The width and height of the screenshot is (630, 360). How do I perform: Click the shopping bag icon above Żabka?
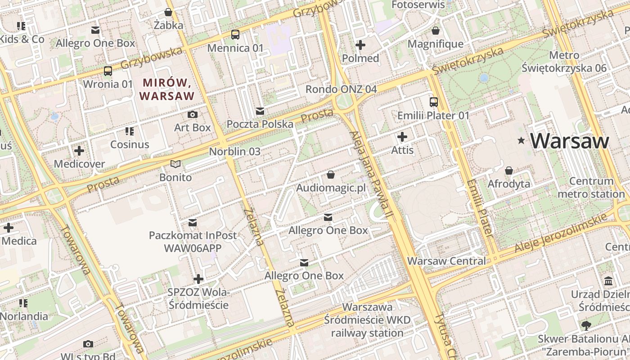coord(168,12)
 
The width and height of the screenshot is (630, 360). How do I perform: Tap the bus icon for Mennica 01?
coord(235,34)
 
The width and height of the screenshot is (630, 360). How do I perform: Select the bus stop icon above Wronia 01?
coord(108,71)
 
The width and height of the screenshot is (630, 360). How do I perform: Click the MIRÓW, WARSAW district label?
coord(166,89)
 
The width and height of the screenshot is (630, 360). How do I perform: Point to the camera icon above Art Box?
coord(193,114)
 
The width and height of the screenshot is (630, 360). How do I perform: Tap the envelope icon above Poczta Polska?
coord(260,111)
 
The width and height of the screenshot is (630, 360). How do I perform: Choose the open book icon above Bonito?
coord(175,164)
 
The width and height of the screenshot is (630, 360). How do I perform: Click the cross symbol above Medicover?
coord(79,150)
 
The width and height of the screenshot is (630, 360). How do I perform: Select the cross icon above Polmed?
coord(360,45)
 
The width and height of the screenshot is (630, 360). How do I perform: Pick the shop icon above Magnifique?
coord(435,31)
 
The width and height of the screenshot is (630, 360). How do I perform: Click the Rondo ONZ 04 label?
coord(341,89)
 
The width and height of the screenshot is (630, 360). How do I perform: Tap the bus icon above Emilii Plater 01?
coord(433,102)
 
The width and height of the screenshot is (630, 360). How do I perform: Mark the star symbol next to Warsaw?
coord(522,141)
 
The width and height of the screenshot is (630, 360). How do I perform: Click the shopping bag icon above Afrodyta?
coord(509,171)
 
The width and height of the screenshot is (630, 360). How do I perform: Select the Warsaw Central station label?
coord(446,261)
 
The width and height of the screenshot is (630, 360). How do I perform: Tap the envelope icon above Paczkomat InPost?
coord(193,222)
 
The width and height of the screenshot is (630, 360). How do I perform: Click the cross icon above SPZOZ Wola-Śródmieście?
coord(198,279)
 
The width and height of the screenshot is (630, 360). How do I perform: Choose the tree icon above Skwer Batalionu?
coord(585,325)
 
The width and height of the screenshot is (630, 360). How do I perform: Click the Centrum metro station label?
coord(591,188)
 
